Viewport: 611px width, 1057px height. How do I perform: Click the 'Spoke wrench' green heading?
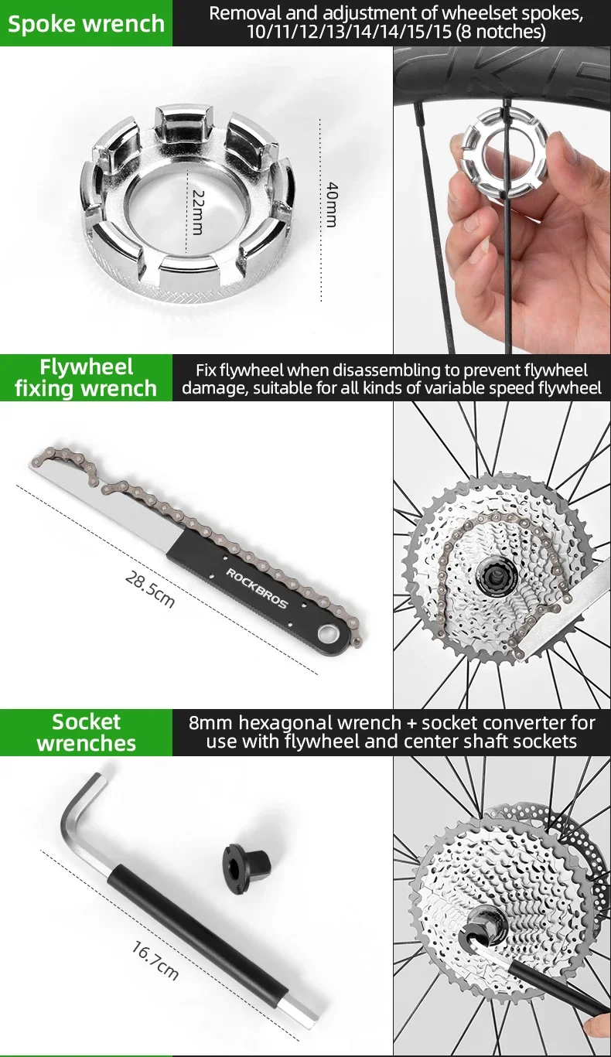pos(86,24)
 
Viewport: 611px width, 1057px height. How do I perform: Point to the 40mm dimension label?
pos(331,204)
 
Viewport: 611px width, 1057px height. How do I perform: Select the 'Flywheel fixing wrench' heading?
pos(86,377)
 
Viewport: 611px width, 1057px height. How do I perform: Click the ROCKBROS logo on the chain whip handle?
pos(256,588)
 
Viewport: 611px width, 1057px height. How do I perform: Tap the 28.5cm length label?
pos(149,589)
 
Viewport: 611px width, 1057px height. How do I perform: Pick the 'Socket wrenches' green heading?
pos(86,732)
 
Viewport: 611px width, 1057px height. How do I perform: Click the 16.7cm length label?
pos(155,961)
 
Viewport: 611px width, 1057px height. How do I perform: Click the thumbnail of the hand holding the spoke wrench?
pos(503,200)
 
